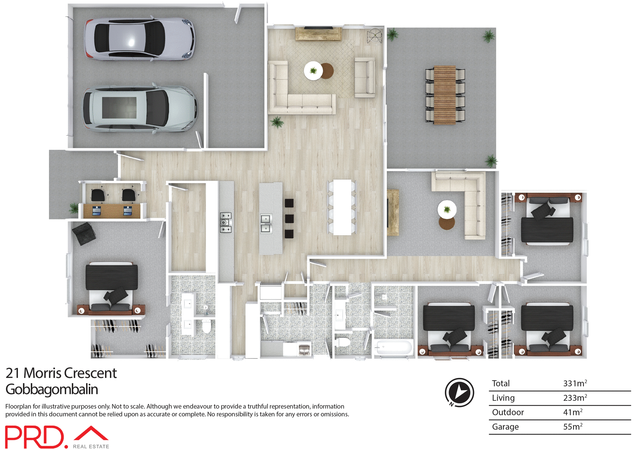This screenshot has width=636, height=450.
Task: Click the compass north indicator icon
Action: coord(459,392)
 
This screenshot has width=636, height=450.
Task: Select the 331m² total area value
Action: coord(575,383)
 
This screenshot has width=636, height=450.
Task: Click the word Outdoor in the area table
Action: coord(508,412)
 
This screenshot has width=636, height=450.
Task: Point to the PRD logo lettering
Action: coord(35,437)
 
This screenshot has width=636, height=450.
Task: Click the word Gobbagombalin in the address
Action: coord(52,389)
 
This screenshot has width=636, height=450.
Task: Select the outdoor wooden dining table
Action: coord(445,95)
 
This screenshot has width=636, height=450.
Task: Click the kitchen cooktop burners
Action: coord(226,222)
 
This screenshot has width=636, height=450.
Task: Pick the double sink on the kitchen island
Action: coord(266,224)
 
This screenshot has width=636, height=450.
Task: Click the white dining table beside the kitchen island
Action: coord(342,207)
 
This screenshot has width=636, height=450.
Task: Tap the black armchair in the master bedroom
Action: coord(84,234)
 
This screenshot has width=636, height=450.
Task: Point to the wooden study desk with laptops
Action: coord(112,211)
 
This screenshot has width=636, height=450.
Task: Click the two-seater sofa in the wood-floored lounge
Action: coord(365,77)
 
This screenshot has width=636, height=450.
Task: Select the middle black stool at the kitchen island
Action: coord(289,218)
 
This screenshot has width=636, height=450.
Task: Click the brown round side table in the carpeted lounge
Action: coord(447,223)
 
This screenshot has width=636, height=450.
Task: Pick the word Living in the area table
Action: coord(503,398)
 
